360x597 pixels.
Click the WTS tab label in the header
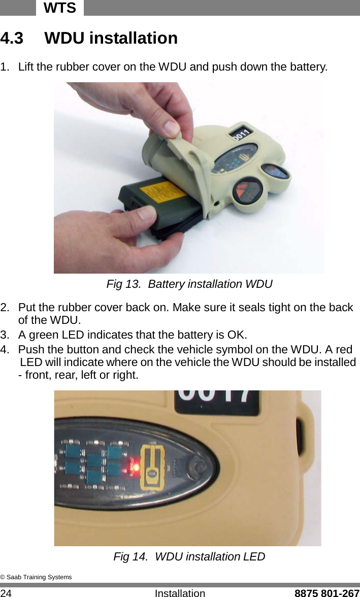click(x=59, y=8)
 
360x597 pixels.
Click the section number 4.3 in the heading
click(x=12, y=39)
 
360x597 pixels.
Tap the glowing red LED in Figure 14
click(x=135, y=465)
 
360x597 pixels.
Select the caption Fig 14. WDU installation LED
click(x=189, y=557)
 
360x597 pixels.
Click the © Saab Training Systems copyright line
click(x=36, y=577)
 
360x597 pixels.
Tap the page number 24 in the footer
click(x=7, y=592)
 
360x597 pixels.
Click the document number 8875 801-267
click(x=327, y=592)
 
